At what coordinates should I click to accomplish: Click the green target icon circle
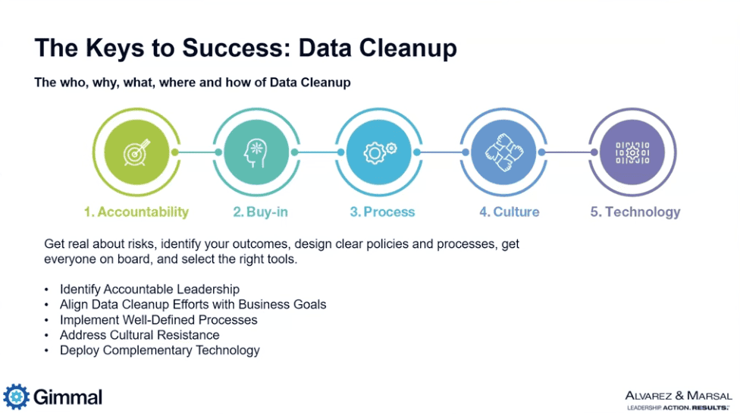click(136, 152)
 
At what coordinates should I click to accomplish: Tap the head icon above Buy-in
click(256, 152)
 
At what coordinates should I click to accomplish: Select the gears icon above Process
click(379, 152)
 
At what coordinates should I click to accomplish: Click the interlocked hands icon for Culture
click(504, 152)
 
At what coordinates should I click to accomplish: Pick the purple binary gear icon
click(632, 152)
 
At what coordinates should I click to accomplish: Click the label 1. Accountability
click(136, 212)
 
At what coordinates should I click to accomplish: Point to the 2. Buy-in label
click(260, 212)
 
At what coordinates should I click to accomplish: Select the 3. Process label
click(382, 212)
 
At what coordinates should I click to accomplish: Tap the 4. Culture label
click(510, 212)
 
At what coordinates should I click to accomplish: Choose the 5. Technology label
click(635, 212)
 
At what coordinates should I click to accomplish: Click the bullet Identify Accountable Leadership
click(149, 290)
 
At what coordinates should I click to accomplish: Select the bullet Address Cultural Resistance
click(140, 335)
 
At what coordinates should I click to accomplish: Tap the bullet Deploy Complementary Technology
click(159, 350)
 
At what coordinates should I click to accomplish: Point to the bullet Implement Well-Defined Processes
click(158, 320)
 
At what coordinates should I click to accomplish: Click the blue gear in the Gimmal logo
click(16, 397)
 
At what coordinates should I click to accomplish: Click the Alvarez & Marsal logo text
click(679, 396)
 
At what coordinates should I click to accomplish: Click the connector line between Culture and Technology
click(568, 152)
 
